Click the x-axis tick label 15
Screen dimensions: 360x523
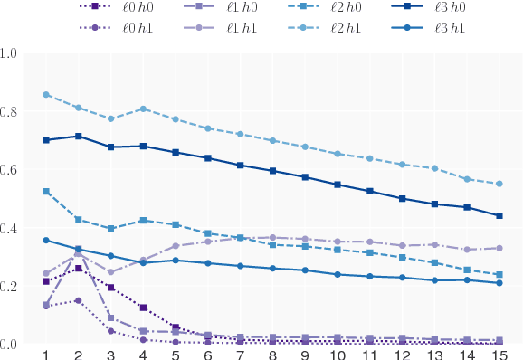click(499, 354)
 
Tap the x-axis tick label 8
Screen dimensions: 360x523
click(272, 354)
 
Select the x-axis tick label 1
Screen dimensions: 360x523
click(46, 354)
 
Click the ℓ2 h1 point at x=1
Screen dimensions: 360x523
click(46, 95)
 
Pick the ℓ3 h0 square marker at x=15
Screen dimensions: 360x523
click(499, 216)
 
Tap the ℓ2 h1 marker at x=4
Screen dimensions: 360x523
click(143, 109)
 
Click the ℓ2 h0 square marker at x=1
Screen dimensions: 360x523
click(46, 192)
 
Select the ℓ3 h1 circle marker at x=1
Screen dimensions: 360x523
click(46, 241)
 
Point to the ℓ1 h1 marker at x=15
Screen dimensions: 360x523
click(499, 248)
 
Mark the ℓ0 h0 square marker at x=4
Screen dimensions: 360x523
click(143, 308)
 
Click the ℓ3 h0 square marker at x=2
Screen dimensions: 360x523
click(79, 137)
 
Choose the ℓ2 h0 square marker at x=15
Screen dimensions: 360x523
click(499, 275)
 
